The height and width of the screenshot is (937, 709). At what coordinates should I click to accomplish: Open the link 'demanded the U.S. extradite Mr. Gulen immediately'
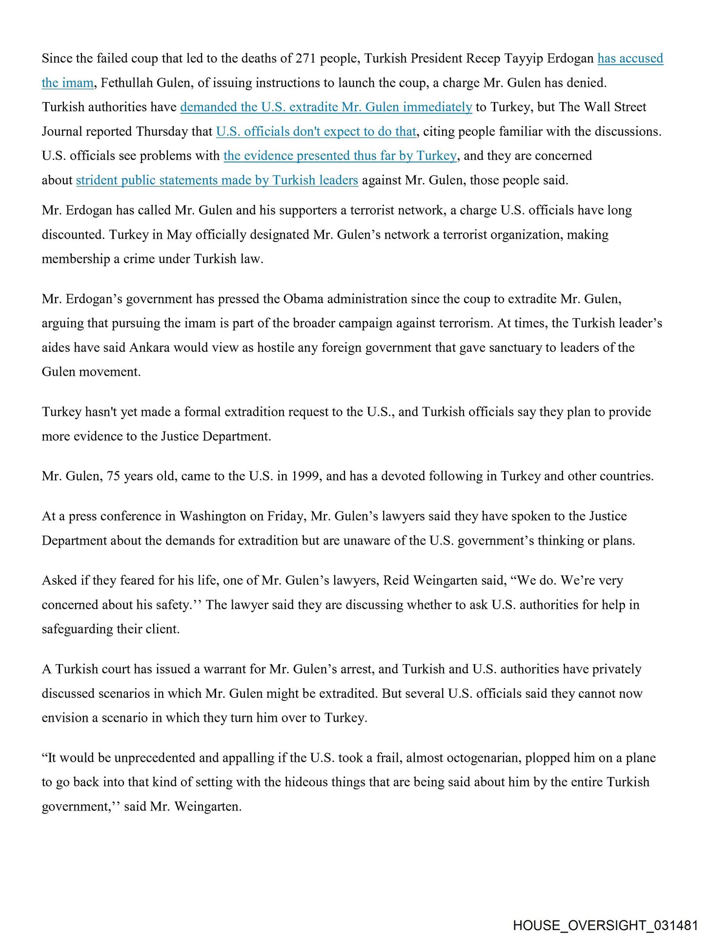point(326,107)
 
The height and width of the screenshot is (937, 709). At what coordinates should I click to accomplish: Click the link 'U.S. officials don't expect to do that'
point(316,132)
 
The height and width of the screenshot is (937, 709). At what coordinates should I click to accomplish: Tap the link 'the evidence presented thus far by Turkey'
point(340,156)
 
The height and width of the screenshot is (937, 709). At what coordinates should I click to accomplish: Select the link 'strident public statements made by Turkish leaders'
point(217,181)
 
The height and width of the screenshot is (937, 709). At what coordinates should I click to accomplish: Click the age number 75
point(113,476)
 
